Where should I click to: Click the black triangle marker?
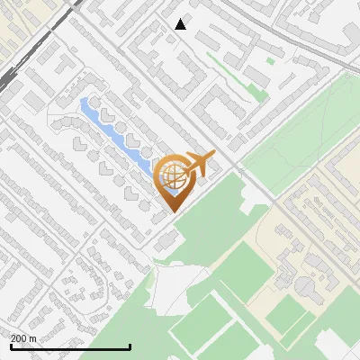(x=181, y=24)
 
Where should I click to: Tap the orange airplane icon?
(x=198, y=165)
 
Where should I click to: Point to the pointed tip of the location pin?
(x=172, y=211)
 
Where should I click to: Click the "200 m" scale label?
(x=23, y=338)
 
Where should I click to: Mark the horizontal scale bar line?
(x=70, y=346)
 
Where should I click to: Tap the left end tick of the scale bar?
(x=11, y=345)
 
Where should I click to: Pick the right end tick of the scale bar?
(x=130, y=345)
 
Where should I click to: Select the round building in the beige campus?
(x=307, y=286)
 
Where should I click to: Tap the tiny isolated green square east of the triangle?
(x=270, y=61)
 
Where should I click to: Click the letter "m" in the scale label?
(x=32, y=338)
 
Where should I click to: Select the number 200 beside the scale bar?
(x=19, y=338)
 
